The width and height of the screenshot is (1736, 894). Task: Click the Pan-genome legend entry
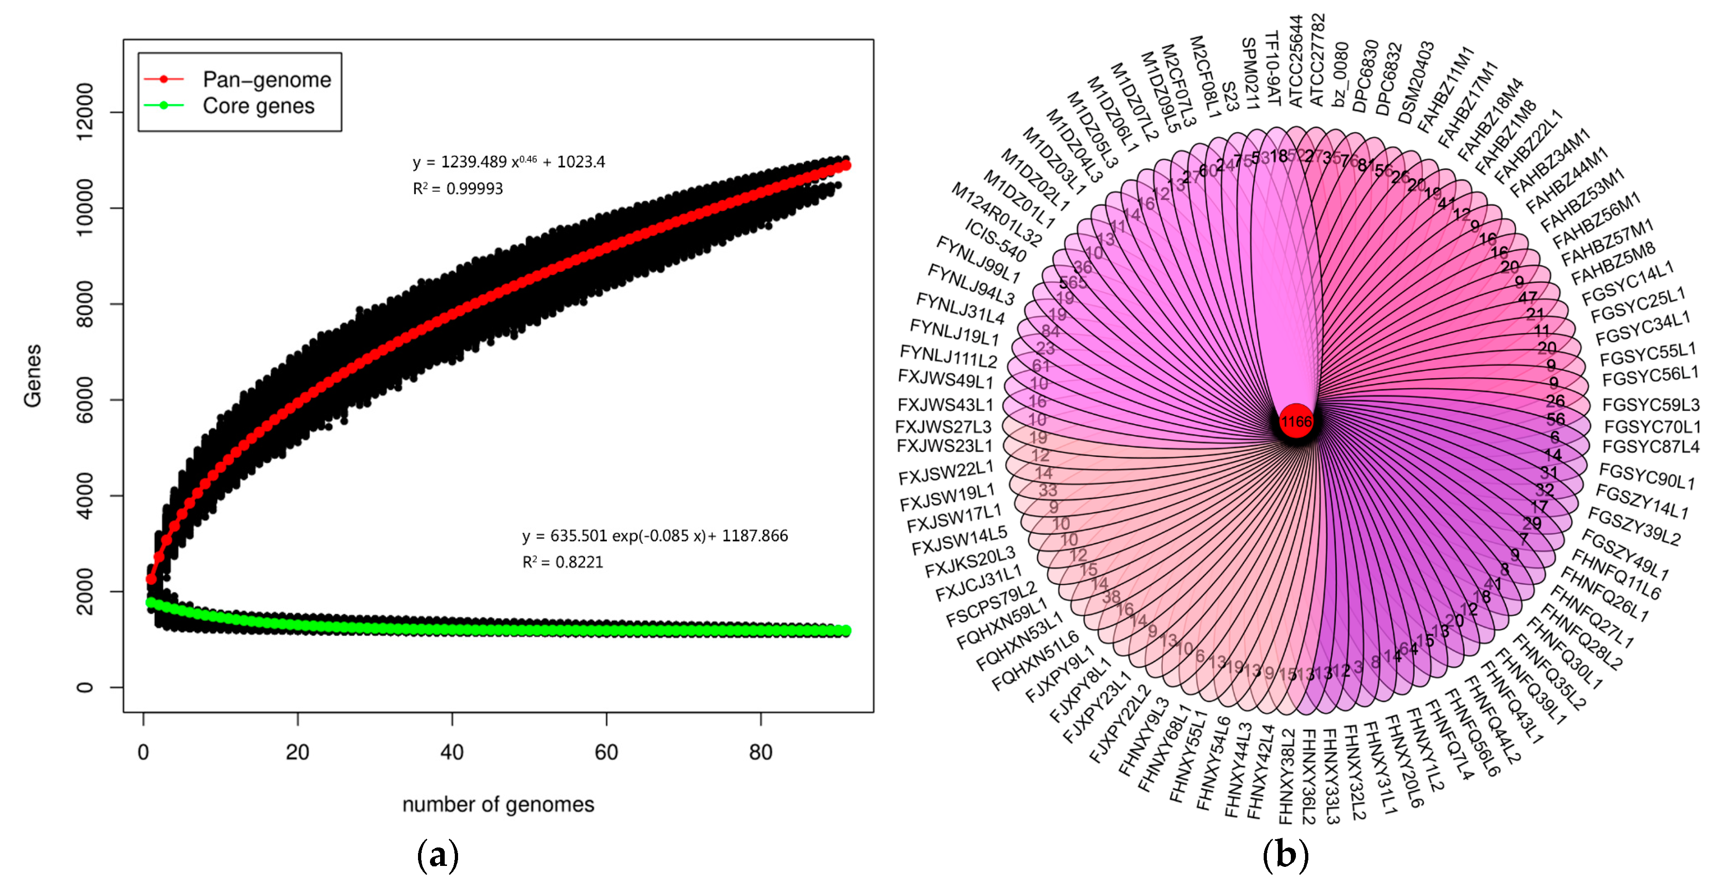click(x=266, y=80)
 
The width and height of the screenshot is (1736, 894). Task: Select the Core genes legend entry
click(x=258, y=106)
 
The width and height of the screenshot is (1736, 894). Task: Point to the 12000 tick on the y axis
click(x=86, y=112)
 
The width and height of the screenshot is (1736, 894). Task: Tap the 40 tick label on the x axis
click(x=452, y=752)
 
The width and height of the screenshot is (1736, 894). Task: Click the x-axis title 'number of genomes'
click(x=498, y=804)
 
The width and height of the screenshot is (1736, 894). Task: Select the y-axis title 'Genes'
click(x=32, y=375)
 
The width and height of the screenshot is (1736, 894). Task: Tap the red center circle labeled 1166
click(x=1296, y=422)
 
